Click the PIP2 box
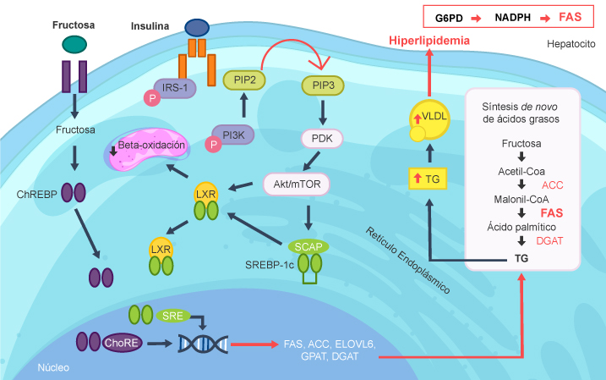tap(243, 79)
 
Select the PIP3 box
tap(322, 85)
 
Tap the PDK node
tap(322, 135)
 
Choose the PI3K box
tap(232, 134)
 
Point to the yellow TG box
tap(427, 179)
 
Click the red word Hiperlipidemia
tap(429, 41)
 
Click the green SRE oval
tap(174, 314)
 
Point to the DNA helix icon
tap(202, 344)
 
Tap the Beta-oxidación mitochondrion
tap(153, 145)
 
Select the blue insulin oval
tap(198, 28)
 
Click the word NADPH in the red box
tap(515, 16)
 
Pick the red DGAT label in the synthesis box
tap(550, 240)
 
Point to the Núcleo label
tap(54, 367)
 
